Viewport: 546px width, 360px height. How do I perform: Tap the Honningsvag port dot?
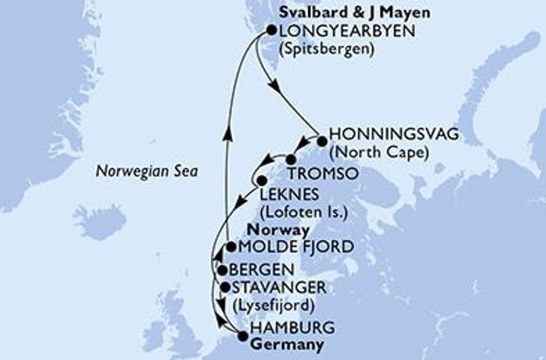[322, 141]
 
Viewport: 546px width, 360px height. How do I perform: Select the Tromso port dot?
[290, 159]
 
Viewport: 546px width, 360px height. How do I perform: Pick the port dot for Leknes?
[261, 181]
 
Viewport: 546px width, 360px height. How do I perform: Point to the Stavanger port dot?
[224, 286]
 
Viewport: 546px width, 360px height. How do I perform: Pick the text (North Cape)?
[381, 153]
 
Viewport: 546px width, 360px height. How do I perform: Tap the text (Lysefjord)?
[275, 305]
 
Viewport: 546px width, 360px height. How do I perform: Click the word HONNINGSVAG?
[382, 136]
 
